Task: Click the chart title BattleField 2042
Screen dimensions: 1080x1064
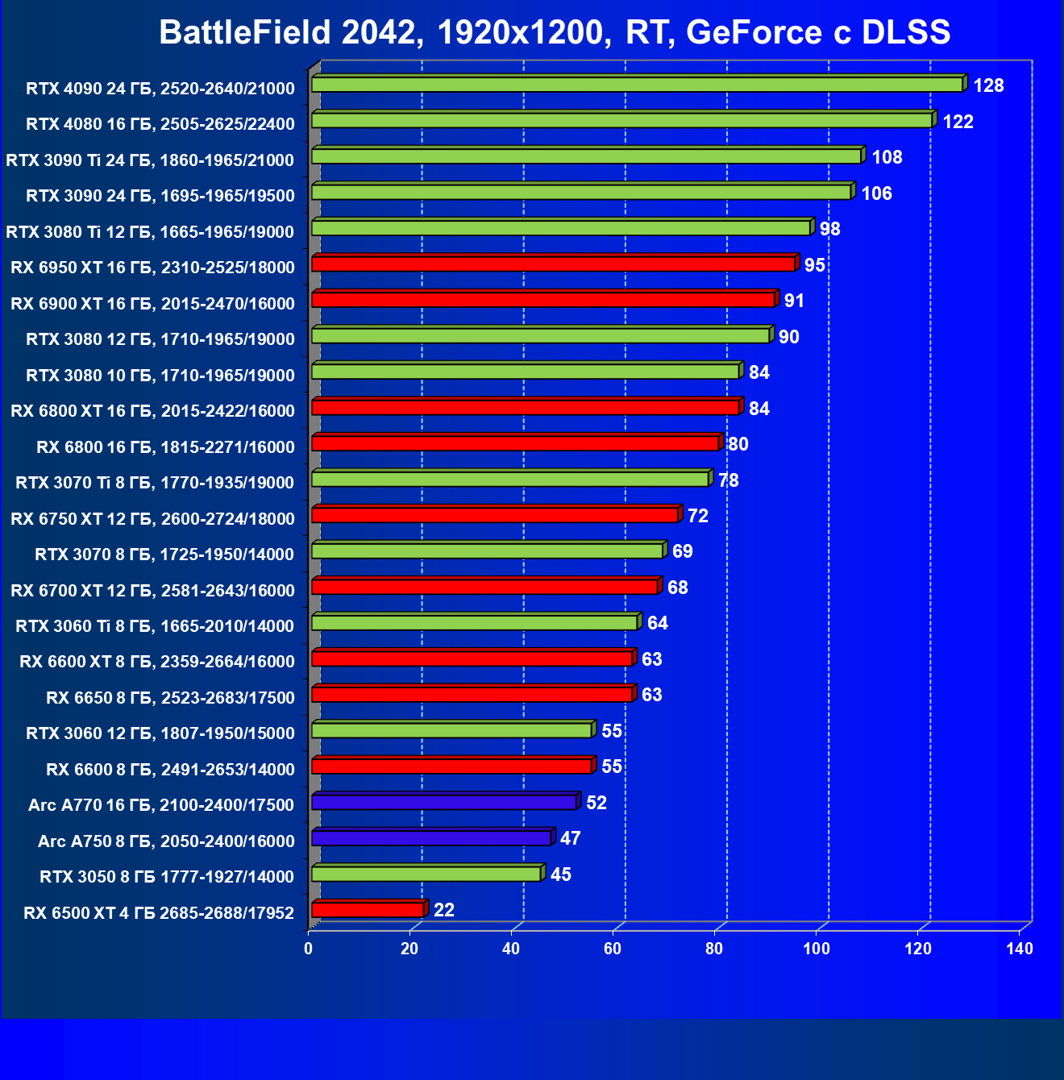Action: tap(555, 32)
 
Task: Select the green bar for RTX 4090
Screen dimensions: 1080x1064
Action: tap(637, 85)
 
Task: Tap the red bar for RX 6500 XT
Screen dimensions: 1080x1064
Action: tap(368, 910)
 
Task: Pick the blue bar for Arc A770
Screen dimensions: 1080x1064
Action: tap(444, 803)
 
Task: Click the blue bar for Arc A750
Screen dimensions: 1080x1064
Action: tap(431, 838)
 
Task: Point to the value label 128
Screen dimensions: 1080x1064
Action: tap(988, 85)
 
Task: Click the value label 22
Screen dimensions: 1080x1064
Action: tap(444, 910)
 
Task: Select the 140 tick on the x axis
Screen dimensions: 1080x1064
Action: tap(1020, 949)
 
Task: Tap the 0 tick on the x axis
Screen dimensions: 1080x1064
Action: tap(309, 949)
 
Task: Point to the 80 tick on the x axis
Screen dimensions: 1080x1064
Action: tap(715, 949)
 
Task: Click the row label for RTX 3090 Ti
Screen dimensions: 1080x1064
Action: tap(150, 160)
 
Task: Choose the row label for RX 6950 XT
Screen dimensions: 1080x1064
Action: tap(152, 268)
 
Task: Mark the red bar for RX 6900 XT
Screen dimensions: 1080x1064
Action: tap(543, 300)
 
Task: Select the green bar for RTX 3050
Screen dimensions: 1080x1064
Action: tap(426, 874)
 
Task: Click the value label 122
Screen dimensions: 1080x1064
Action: tap(958, 122)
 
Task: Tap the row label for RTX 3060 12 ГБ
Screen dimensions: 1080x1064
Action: tap(160, 733)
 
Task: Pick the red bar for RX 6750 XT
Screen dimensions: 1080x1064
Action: tap(495, 515)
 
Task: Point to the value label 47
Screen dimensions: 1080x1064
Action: tap(571, 838)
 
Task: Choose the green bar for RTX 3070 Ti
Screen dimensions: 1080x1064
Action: tap(509, 480)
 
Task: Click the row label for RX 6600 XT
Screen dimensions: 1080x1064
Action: tap(157, 662)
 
